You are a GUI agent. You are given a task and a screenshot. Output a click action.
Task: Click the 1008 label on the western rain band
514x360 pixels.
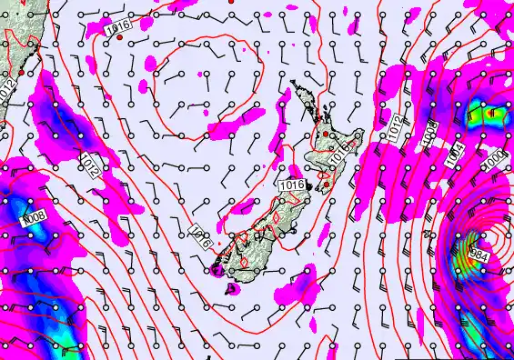click(x=34, y=218)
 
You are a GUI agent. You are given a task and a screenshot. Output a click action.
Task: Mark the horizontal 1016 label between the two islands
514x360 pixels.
click(x=290, y=185)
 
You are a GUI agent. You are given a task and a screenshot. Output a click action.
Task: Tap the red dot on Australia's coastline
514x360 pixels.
click(x=20, y=72)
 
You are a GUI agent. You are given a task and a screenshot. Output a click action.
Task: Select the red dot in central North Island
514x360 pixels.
click(x=325, y=135)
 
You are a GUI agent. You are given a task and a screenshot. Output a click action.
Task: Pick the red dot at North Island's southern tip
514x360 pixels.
click(x=325, y=186)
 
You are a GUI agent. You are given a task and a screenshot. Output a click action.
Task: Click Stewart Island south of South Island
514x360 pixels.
click(x=230, y=289)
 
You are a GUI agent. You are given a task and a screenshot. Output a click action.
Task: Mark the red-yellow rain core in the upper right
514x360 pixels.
click(x=492, y=114)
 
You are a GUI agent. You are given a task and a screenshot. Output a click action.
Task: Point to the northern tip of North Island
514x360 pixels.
click(x=294, y=84)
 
